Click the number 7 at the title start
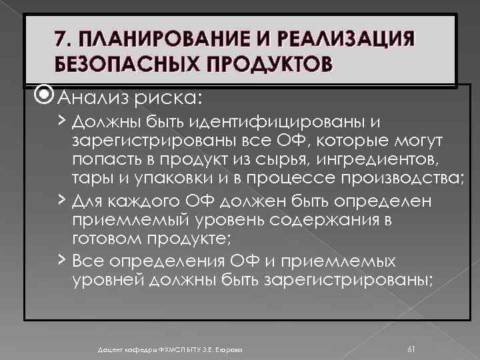coord(61,38)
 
